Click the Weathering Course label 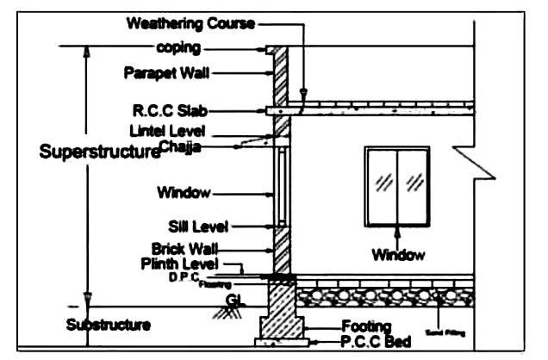[190, 23]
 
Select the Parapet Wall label [165, 73]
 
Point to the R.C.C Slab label [170, 110]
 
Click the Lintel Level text [171, 131]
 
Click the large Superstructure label [100, 153]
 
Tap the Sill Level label [198, 227]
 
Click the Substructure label [109, 325]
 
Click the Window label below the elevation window [398, 254]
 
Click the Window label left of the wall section [184, 191]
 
